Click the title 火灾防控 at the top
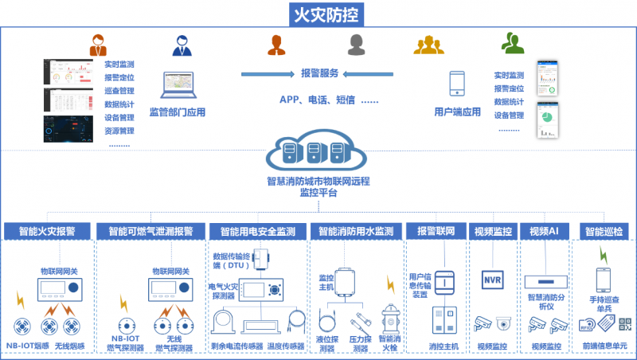pos(318,14)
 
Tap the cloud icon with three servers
pos(318,151)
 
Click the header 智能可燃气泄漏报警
pos(149,232)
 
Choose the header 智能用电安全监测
pos(257,232)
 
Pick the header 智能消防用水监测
pos(356,232)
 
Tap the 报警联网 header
pos(436,232)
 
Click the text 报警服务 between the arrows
pos(319,73)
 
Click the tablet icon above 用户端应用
pos(457,85)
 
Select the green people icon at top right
pos(512,42)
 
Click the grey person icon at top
pos(355,42)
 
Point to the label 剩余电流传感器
pos(236,346)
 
